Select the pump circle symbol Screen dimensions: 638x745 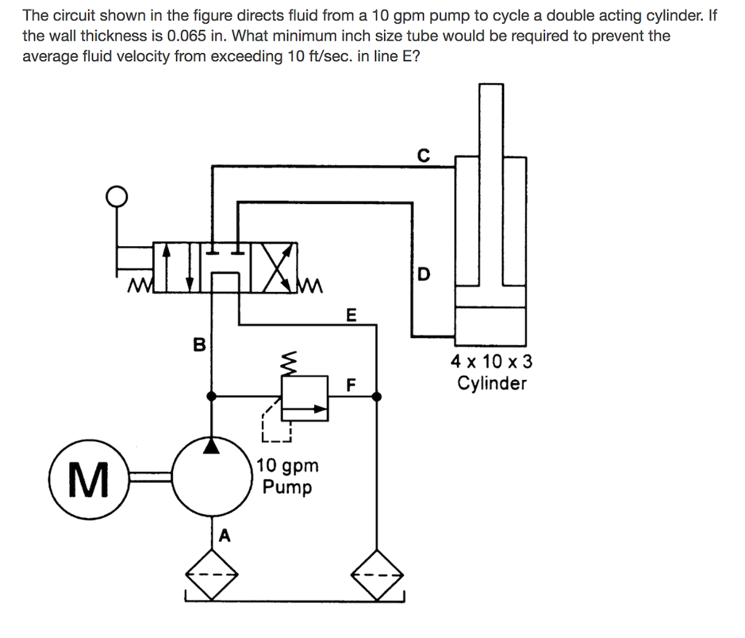click(211, 478)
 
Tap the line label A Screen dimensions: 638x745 click(224, 537)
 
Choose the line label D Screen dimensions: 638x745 click(424, 275)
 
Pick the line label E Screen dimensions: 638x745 click(351, 315)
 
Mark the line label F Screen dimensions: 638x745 click(351, 385)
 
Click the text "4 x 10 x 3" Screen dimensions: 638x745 click(491, 361)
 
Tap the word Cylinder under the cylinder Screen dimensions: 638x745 click(491, 383)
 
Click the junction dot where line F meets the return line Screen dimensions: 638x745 click(376, 397)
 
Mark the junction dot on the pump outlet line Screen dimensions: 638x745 click(211, 397)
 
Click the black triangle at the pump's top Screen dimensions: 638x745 click(211, 444)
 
